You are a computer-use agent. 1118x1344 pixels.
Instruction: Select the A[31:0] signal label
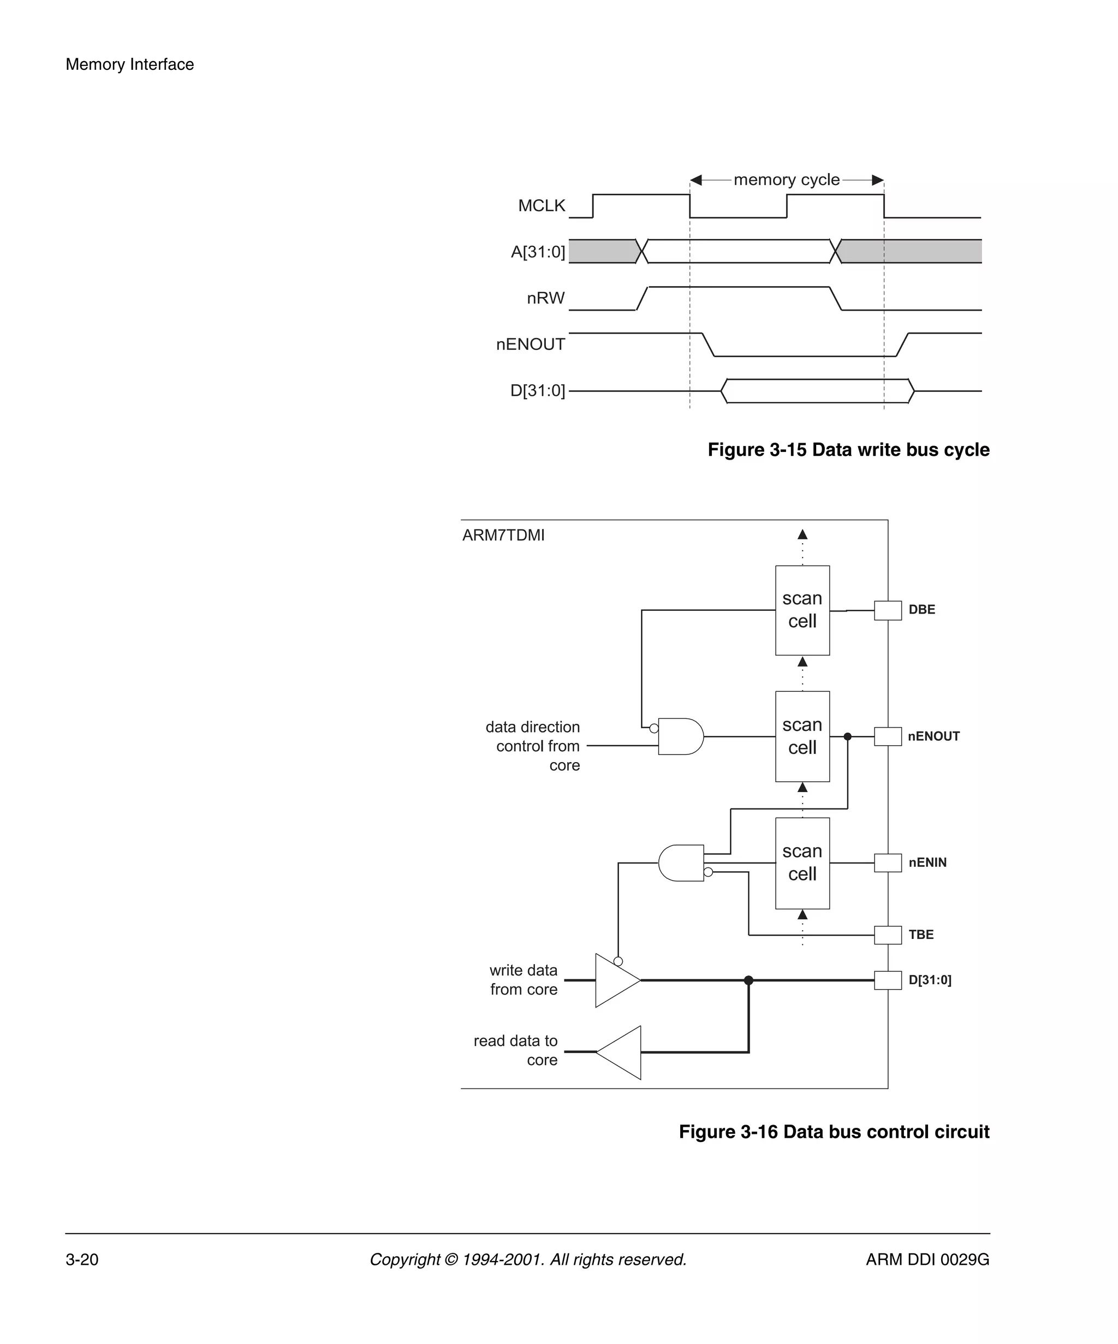point(538,252)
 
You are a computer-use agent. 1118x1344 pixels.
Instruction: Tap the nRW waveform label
point(545,298)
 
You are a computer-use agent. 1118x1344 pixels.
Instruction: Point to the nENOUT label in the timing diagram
point(531,344)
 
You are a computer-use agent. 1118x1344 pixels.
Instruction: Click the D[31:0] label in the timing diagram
point(537,390)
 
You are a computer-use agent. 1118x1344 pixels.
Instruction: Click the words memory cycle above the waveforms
point(786,180)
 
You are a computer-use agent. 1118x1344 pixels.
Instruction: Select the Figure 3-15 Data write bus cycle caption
point(848,450)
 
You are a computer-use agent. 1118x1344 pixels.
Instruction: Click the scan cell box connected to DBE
point(802,610)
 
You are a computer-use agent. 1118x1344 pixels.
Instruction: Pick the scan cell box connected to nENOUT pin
point(802,736)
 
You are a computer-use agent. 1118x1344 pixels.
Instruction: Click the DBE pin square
point(887,610)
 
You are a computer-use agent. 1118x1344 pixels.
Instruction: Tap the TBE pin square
point(887,935)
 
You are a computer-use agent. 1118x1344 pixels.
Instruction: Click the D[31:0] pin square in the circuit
point(887,980)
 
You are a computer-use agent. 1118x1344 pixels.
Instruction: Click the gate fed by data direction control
point(680,736)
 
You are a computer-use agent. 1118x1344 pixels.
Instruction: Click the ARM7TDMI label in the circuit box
point(503,535)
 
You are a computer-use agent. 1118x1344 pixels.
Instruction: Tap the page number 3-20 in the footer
point(82,1259)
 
